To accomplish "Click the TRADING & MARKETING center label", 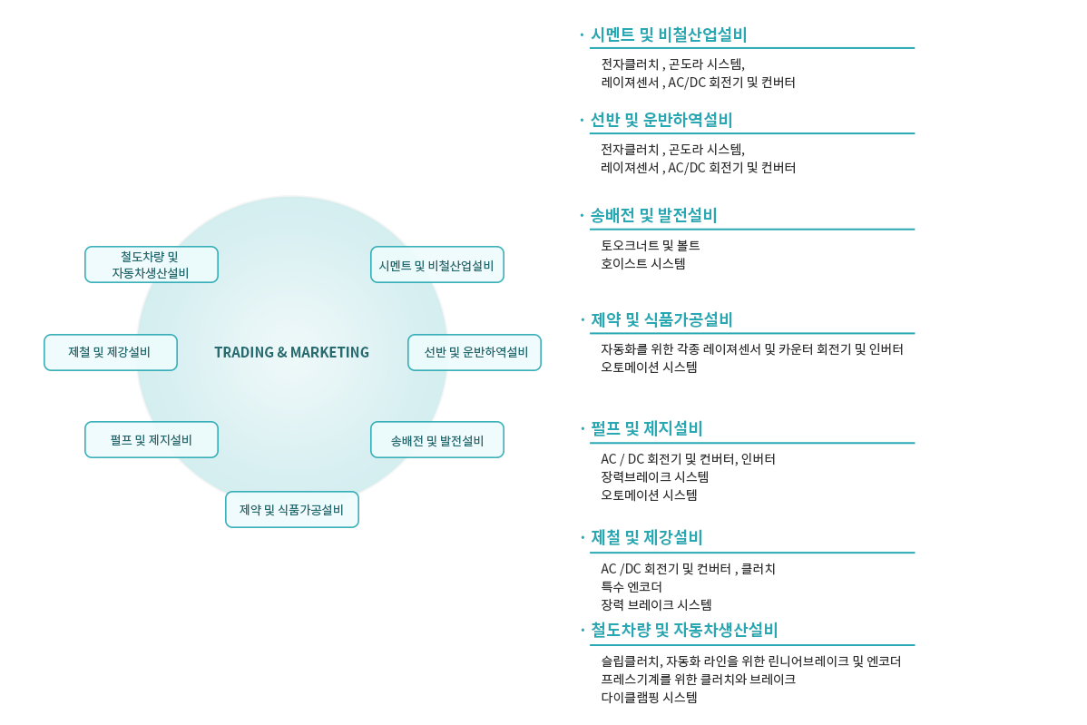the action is pos(291,352).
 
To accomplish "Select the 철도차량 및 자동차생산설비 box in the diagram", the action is pos(152,265).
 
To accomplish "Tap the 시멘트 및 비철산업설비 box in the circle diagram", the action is pos(436,265).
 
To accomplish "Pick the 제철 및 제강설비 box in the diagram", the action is pos(110,352).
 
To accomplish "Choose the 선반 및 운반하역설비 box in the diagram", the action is pos(475,352).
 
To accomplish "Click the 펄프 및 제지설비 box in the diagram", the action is pos(152,439).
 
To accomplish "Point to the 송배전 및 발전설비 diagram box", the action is pos(436,439).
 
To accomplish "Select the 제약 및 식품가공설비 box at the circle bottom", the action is pos(292,509).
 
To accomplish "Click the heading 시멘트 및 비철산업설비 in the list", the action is pos(669,34).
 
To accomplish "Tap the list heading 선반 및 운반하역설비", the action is pos(661,120).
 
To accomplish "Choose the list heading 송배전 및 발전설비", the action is pos(653,216).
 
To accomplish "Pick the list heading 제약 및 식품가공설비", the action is pos(661,319).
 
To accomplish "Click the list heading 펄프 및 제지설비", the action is pos(647,428).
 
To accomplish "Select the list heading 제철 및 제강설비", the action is pos(647,537).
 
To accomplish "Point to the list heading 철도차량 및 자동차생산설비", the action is pos(684,630).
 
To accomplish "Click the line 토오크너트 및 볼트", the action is pos(651,245).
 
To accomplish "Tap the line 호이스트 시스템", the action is pos(643,263).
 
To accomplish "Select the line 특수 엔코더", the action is pos(632,587).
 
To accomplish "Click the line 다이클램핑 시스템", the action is pos(649,697).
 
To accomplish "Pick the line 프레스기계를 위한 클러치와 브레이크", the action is pos(698,680).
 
